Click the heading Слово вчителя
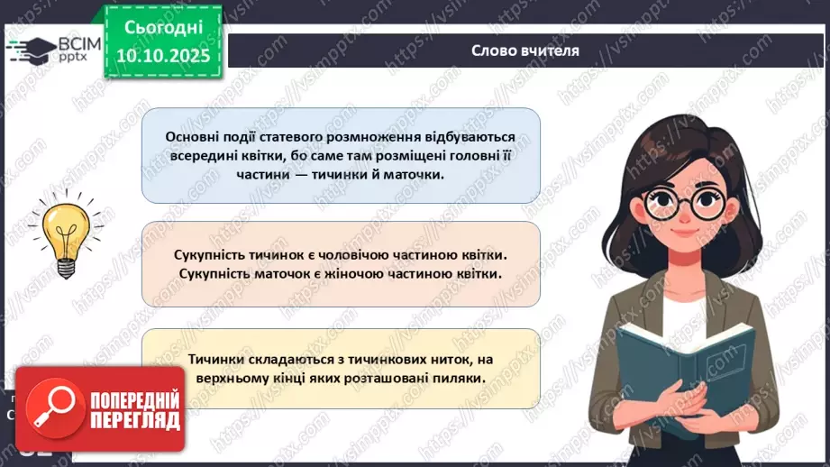525,50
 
